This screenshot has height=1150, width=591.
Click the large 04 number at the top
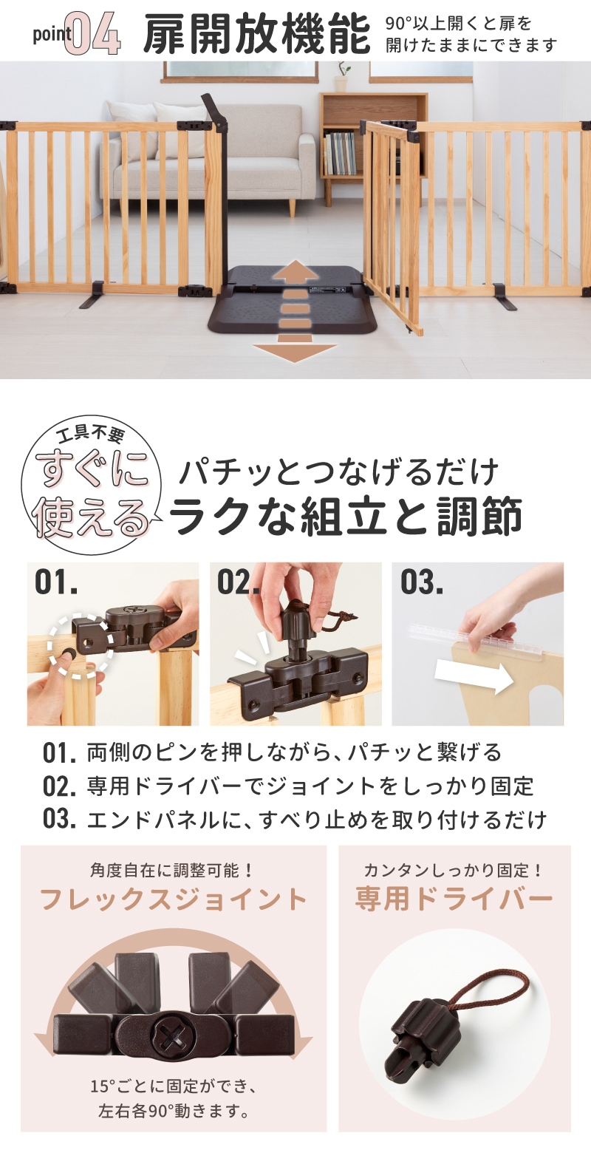pyautogui.click(x=93, y=35)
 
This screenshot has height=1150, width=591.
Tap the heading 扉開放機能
pyautogui.click(x=256, y=35)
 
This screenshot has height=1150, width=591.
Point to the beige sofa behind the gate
pyautogui.click(x=205, y=154)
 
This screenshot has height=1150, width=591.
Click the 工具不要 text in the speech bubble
pyautogui.click(x=92, y=435)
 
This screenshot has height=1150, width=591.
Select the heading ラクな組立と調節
pyautogui.click(x=346, y=515)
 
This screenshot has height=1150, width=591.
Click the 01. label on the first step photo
pyautogui.click(x=56, y=582)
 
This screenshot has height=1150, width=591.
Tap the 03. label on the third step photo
pyautogui.click(x=422, y=582)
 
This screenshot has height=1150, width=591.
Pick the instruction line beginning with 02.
pyautogui.click(x=288, y=786)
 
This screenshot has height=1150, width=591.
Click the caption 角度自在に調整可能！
pyautogui.click(x=172, y=870)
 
